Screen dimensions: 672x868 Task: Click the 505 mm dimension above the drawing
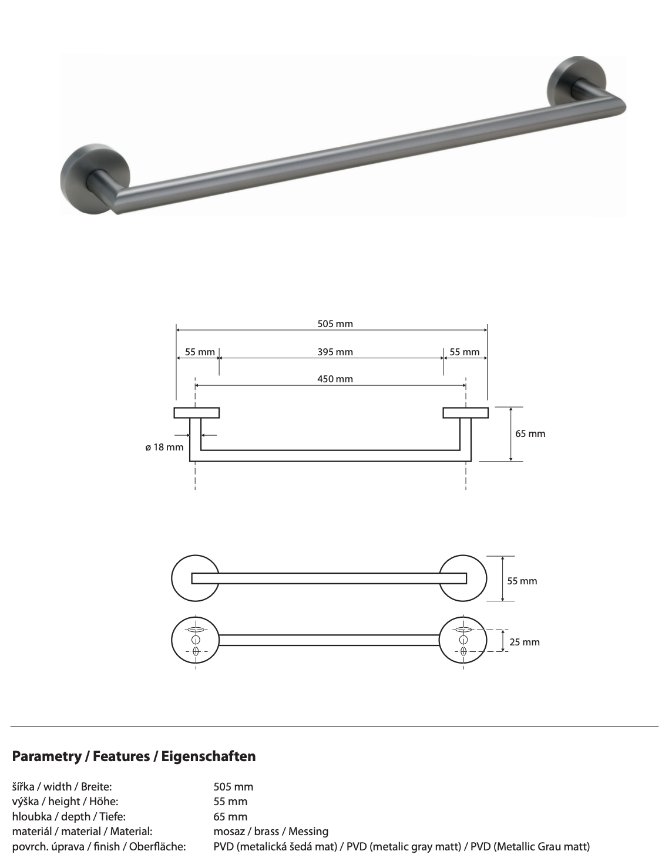tap(335, 324)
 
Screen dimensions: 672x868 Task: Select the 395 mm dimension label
tap(335, 352)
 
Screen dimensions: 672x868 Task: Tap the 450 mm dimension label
tap(335, 379)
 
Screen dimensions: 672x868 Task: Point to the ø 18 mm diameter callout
tap(164, 448)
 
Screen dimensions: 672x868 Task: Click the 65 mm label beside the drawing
tap(530, 434)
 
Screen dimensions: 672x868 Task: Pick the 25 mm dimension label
tap(524, 642)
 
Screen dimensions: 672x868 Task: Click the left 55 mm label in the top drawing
tap(200, 352)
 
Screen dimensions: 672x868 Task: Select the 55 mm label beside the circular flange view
tap(522, 581)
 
